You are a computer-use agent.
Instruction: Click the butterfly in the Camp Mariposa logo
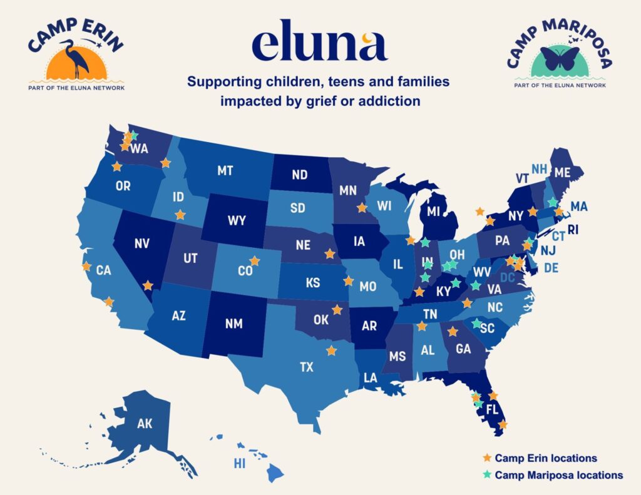[x=559, y=59]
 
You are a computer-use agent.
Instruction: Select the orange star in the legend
[x=486, y=459]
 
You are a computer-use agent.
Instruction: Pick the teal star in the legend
[x=486, y=475]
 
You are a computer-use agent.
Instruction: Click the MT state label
[x=225, y=170]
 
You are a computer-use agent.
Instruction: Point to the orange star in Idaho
[x=180, y=215]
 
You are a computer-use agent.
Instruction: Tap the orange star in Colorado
[x=254, y=261]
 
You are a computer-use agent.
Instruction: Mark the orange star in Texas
[x=331, y=350]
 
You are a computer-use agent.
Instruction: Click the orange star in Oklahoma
[x=337, y=309]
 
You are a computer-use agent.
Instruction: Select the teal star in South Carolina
[x=476, y=324]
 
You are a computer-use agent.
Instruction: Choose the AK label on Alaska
[x=145, y=424]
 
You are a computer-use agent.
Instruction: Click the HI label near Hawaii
[x=239, y=464]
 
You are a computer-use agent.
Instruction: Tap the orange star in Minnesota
[x=361, y=208]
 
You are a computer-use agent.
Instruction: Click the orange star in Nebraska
[x=330, y=253]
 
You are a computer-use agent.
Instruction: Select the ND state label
[x=299, y=175]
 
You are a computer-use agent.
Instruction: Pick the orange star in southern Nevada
[x=148, y=285]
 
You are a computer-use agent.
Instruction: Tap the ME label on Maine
[x=563, y=172]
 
